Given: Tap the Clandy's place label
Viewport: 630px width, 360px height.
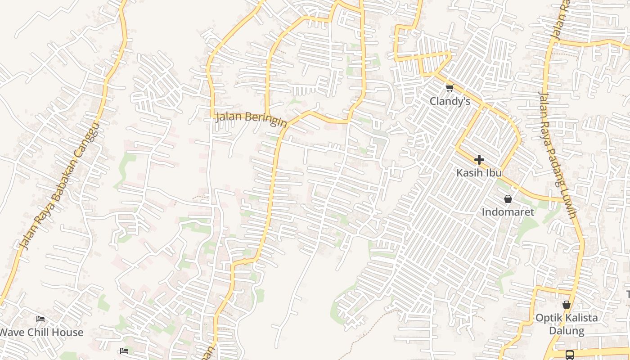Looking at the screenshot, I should pyautogui.click(x=450, y=101).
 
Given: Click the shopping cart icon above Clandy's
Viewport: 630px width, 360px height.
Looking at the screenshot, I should pyautogui.click(x=450, y=87).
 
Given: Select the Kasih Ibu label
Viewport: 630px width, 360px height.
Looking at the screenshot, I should pyautogui.click(x=479, y=172).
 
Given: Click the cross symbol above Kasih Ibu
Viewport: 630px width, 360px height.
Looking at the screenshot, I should pyautogui.click(x=479, y=159).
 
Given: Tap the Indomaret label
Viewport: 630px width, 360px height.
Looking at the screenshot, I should pyautogui.click(x=508, y=211).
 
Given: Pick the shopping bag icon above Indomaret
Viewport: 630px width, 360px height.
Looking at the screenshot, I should pyautogui.click(x=508, y=198).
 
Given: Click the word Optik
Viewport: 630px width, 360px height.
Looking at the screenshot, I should pyautogui.click(x=548, y=318).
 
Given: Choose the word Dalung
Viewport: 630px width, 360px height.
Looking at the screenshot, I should pyautogui.click(x=566, y=331).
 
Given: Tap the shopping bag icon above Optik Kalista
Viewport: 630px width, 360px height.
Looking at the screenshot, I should pyautogui.click(x=566, y=305).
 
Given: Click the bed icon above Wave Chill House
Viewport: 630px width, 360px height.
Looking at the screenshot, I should pyautogui.click(x=40, y=319).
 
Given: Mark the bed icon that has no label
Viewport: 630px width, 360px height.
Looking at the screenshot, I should pyautogui.click(x=125, y=351).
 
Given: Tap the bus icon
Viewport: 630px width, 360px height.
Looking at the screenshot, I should pyautogui.click(x=569, y=355).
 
